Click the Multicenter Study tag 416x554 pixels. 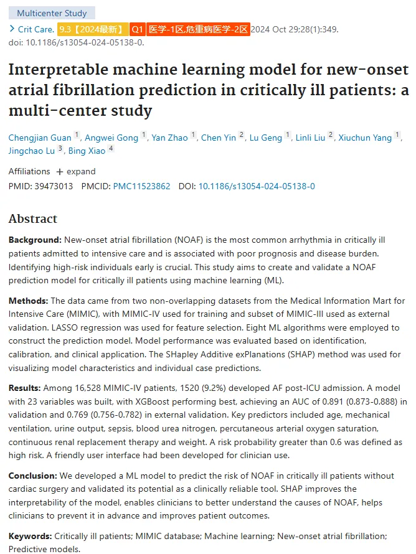(52, 13)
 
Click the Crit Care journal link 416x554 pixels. (36, 29)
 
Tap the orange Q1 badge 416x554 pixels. (137, 29)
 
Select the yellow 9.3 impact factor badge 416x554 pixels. (93, 29)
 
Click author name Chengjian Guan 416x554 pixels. (40, 138)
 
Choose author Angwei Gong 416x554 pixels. (111, 138)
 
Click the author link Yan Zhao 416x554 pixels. (169, 138)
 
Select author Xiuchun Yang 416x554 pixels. (365, 138)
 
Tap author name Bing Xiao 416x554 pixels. (87, 151)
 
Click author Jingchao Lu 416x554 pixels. (32, 151)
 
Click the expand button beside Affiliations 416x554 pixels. (76, 172)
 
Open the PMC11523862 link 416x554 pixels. (142, 186)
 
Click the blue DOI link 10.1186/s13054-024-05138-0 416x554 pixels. (257, 186)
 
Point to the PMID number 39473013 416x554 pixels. (54, 186)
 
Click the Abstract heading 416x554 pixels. (33, 218)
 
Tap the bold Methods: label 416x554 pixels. (28, 301)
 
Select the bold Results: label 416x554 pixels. (25, 388)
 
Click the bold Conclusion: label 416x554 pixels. (33, 476)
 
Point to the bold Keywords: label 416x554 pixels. (30, 536)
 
